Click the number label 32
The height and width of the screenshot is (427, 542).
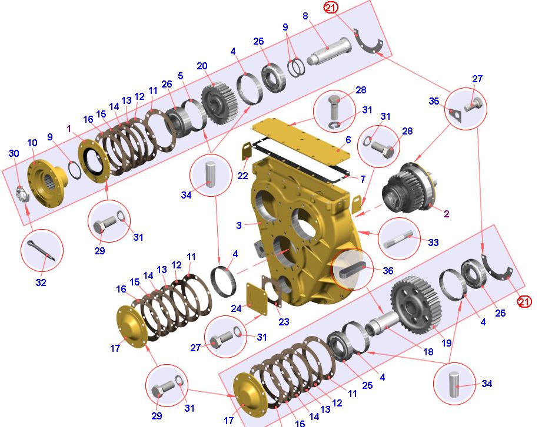click(41, 283)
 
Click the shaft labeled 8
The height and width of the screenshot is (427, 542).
click(329, 51)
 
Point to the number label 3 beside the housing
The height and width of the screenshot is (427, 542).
click(238, 226)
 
